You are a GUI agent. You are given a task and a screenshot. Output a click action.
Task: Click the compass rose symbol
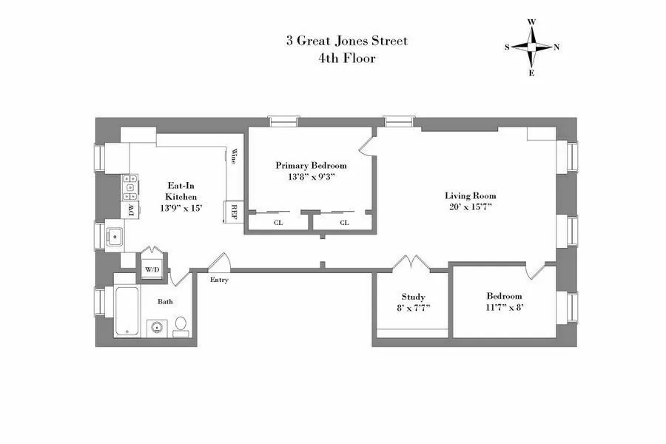click(531, 47)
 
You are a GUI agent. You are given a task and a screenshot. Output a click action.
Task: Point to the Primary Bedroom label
click(311, 171)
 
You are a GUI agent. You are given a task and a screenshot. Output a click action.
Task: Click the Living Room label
click(470, 201)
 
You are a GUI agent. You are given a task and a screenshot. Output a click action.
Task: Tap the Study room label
click(413, 302)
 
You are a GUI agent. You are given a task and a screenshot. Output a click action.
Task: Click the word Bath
click(165, 302)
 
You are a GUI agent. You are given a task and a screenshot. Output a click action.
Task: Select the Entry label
click(219, 280)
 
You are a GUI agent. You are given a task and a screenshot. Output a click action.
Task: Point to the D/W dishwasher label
click(132, 211)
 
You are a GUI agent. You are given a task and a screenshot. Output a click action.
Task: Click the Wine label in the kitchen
click(234, 157)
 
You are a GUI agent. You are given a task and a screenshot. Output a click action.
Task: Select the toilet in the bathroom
click(180, 326)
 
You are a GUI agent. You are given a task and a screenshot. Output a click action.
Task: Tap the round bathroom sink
click(155, 326)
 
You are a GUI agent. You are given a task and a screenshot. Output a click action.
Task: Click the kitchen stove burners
click(131, 187)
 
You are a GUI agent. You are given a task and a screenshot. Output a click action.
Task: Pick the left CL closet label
click(278, 222)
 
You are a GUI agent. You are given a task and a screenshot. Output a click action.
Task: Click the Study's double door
click(411, 263)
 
